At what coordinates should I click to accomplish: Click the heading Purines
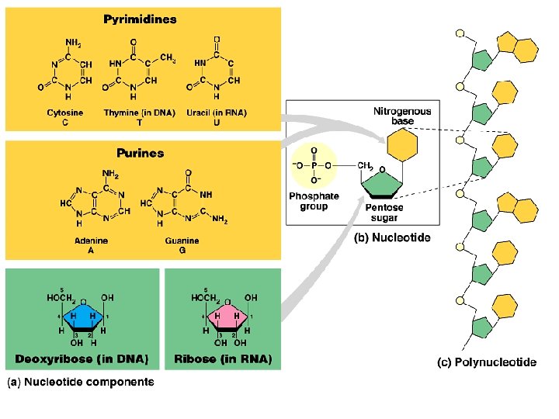click(x=140, y=153)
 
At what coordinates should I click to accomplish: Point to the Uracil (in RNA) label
click(x=217, y=113)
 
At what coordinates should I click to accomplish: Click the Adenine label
click(x=91, y=241)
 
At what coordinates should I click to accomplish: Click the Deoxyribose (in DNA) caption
click(x=82, y=359)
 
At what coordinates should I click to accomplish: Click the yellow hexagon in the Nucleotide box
click(x=402, y=144)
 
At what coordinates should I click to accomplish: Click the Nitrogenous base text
click(x=402, y=116)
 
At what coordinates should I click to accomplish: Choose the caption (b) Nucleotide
click(x=392, y=238)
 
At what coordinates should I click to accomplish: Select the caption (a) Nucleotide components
click(x=82, y=382)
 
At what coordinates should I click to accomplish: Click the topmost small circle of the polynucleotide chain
click(x=460, y=34)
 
